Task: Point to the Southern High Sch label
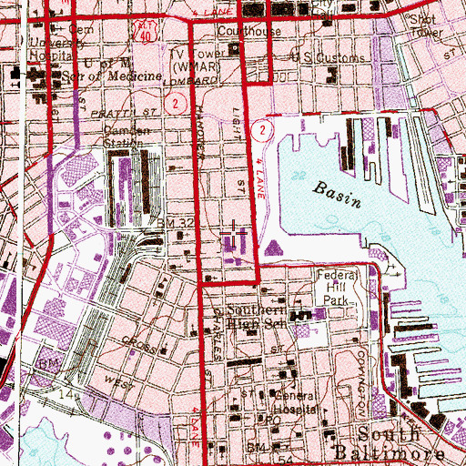pyautogui.click(x=258, y=316)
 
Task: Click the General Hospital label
pyautogui.click(x=295, y=403)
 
